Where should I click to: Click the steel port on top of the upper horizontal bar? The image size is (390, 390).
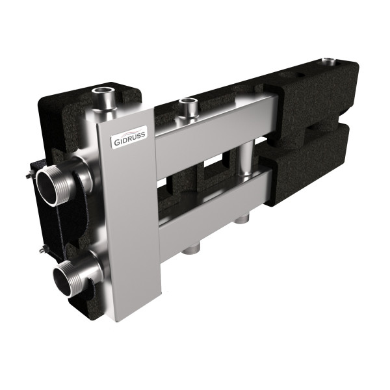189,106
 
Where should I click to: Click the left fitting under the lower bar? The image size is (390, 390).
193,248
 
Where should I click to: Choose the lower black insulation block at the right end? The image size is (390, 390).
312,162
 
